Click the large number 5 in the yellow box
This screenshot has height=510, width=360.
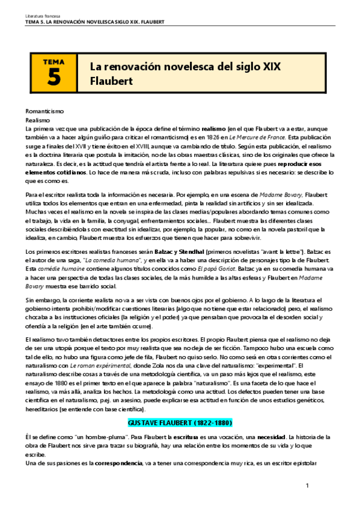[53, 77]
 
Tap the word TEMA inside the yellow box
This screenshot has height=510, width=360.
[53, 61]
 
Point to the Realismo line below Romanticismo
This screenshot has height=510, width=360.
[37, 120]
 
